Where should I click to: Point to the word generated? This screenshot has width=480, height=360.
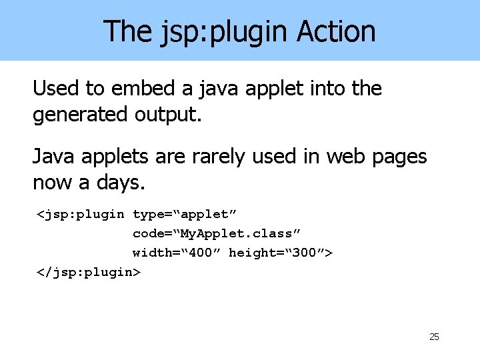[79, 115]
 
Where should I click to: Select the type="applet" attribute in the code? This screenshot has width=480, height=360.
[185, 214]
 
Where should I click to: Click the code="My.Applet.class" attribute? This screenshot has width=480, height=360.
[217, 233]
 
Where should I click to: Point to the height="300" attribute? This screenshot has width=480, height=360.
[281, 253]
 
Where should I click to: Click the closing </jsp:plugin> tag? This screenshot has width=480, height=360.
[88, 272]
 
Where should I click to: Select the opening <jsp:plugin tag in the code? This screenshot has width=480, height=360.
[80, 214]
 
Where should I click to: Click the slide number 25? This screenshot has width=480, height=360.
[434, 337]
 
